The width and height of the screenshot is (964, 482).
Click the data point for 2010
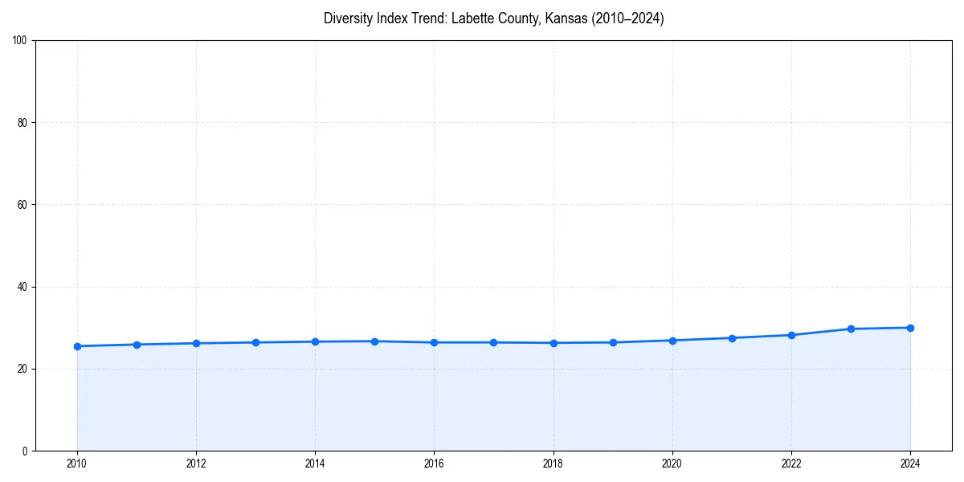(x=77, y=346)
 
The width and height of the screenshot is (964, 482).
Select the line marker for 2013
(x=255, y=342)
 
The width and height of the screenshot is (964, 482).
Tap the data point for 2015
(x=374, y=341)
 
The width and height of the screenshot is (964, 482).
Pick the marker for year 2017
(x=493, y=342)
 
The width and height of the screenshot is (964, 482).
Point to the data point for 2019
(x=613, y=342)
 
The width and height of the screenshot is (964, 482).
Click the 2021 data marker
(x=732, y=338)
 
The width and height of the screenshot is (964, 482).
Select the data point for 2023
(x=851, y=329)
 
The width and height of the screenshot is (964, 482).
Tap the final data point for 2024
(x=910, y=328)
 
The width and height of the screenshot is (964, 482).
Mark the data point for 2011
(x=137, y=345)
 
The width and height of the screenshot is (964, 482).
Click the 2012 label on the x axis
(x=196, y=464)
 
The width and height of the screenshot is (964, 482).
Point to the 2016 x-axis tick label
(x=434, y=464)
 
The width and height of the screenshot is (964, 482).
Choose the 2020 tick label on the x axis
(x=672, y=464)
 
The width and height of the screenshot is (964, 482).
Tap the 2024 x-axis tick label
(x=910, y=464)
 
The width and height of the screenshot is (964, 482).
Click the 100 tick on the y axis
(x=20, y=41)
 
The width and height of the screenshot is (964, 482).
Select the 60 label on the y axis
(x=22, y=205)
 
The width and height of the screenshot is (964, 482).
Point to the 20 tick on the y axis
(x=22, y=369)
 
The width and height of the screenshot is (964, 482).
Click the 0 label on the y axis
(x=25, y=451)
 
